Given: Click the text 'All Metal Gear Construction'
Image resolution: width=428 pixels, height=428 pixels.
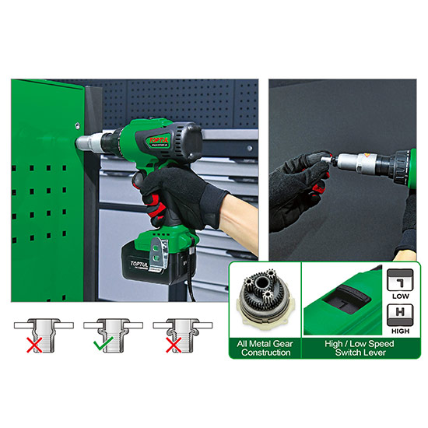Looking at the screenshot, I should click(264, 347).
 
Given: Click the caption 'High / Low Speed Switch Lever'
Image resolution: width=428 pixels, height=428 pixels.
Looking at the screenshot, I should click(342, 347).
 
